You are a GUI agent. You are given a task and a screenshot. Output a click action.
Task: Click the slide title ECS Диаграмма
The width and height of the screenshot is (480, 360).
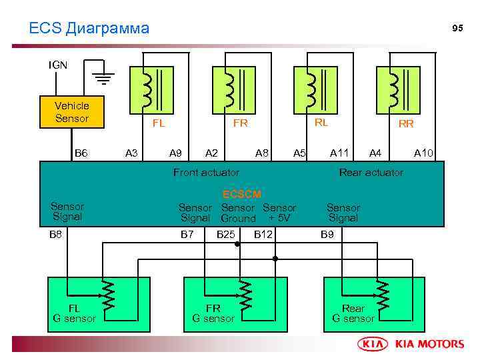tap(89, 28)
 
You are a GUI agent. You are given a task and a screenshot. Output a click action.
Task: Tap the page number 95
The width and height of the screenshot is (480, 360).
tap(457, 28)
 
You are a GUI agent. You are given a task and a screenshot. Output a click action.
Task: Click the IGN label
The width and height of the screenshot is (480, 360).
tap(57, 65)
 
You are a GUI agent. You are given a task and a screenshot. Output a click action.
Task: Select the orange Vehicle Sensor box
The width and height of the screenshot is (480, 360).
tap(72, 112)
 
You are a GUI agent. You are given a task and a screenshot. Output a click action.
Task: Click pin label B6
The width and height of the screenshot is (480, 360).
tap(81, 153)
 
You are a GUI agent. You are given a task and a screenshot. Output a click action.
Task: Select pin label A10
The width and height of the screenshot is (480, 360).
tap(423, 153)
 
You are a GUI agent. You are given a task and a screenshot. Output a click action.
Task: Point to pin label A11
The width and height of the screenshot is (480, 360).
tap(340, 153)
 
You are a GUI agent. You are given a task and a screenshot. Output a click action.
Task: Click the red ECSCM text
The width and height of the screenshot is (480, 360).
tap(241, 194)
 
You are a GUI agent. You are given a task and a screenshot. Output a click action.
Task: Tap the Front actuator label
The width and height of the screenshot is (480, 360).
tap(206, 172)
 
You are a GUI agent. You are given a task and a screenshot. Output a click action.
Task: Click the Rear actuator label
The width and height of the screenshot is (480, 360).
tap(371, 172)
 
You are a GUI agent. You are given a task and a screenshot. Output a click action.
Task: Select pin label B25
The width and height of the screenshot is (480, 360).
tap(226, 234)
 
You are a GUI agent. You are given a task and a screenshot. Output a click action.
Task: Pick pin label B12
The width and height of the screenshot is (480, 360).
tap(263, 234)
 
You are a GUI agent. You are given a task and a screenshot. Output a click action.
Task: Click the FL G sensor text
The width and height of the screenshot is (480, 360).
tap(74, 313)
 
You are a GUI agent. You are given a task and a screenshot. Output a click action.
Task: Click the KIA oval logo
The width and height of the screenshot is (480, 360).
tap(375, 344)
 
